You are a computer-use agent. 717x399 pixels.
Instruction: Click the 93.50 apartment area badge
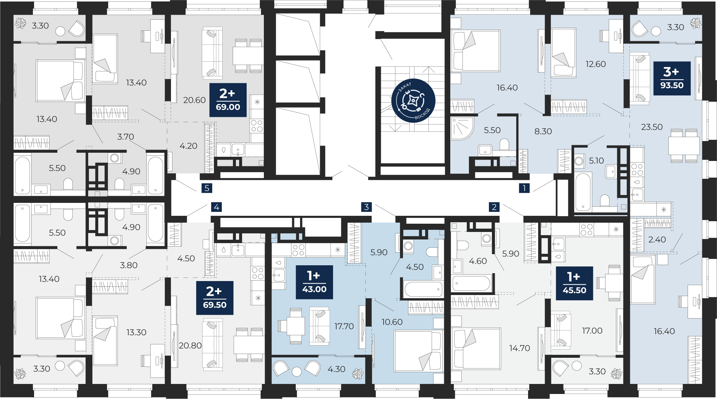pyautogui.click(x=672, y=79)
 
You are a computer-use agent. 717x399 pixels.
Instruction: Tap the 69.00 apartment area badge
pyautogui.click(x=228, y=100)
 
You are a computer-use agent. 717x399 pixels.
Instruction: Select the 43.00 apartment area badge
pyautogui.click(x=314, y=282)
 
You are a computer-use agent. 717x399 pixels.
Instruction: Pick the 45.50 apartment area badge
pyautogui.click(x=574, y=283)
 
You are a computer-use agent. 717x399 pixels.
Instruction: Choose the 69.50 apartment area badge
pyautogui.click(x=215, y=298)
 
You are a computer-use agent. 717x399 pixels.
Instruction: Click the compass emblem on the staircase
pyautogui.click(x=413, y=101)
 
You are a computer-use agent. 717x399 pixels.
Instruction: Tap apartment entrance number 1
pyautogui.click(x=524, y=188)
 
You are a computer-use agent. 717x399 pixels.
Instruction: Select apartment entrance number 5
pyautogui.click(x=206, y=188)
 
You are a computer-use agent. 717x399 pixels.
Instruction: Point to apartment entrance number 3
pyautogui.click(x=366, y=207)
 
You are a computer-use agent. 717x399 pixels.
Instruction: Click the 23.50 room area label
pyautogui.click(x=652, y=127)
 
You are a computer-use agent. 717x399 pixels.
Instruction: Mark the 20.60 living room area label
pyautogui.click(x=194, y=100)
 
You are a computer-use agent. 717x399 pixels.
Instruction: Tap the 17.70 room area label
pyautogui.click(x=344, y=326)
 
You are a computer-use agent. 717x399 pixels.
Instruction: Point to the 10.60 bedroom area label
pyautogui.click(x=392, y=322)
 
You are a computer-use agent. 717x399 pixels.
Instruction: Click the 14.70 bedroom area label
pyautogui.click(x=519, y=348)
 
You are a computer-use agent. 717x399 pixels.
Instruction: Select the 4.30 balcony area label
pyautogui.click(x=336, y=369)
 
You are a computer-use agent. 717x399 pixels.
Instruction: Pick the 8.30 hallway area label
pyautogui.click(x=543, y=131)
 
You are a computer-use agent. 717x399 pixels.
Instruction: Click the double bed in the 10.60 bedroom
pyautogui.click(x=418, y=351)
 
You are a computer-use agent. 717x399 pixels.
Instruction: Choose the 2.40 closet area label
pyautogui.click(x=657, y=239)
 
